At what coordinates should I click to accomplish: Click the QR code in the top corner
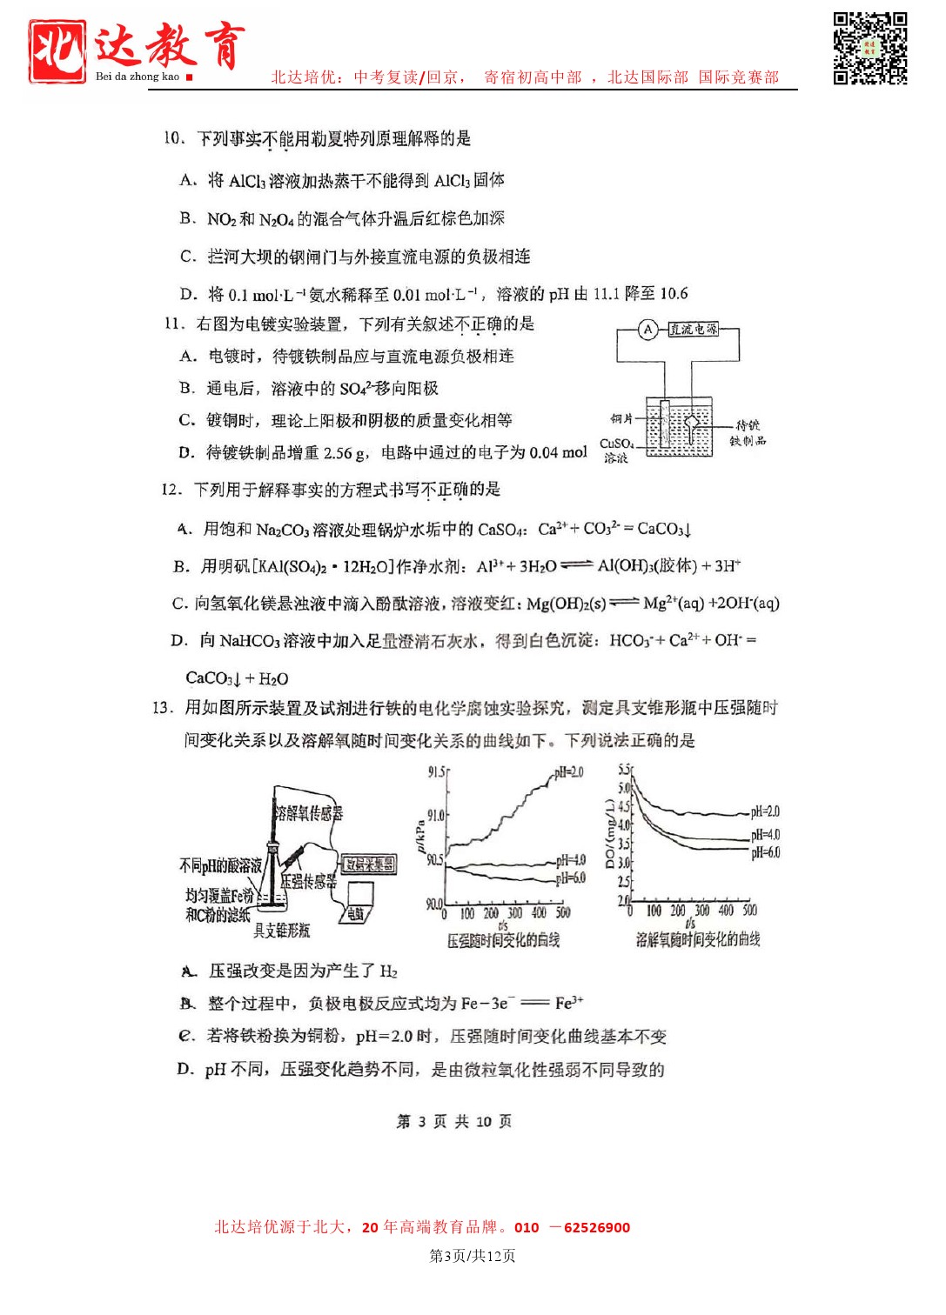(869, 48)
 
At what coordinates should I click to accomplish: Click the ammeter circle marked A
(647, 330)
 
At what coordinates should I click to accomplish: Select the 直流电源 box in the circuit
(694, 330)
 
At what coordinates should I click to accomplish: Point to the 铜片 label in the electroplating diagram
(621, 419)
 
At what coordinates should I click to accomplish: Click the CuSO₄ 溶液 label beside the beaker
(616, 451)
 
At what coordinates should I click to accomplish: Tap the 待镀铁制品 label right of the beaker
(748, 433)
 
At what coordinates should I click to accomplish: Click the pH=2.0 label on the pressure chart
(568, 772)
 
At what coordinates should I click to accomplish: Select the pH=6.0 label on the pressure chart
(571, 878)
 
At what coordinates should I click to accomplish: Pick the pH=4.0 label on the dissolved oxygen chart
(765, 834)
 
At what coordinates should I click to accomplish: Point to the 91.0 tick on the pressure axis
(435, 816)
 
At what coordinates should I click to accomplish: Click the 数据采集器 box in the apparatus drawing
(369, 864)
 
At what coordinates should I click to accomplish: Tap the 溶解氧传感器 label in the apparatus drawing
(309, 813)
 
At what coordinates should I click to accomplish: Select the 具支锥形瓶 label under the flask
(281, 931)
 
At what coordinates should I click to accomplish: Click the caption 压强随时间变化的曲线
(503, 940)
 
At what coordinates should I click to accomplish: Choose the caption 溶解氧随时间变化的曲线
(697, 939)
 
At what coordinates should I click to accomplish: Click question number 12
(171, 490)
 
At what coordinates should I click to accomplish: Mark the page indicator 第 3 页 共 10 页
(453, 1121)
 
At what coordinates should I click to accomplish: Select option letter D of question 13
(185, 1069)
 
